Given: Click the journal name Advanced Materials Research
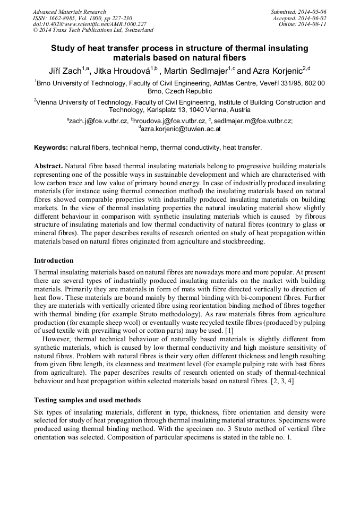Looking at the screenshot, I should click(x=69, y=12).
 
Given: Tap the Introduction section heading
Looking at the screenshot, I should click(x=54, y=261).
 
